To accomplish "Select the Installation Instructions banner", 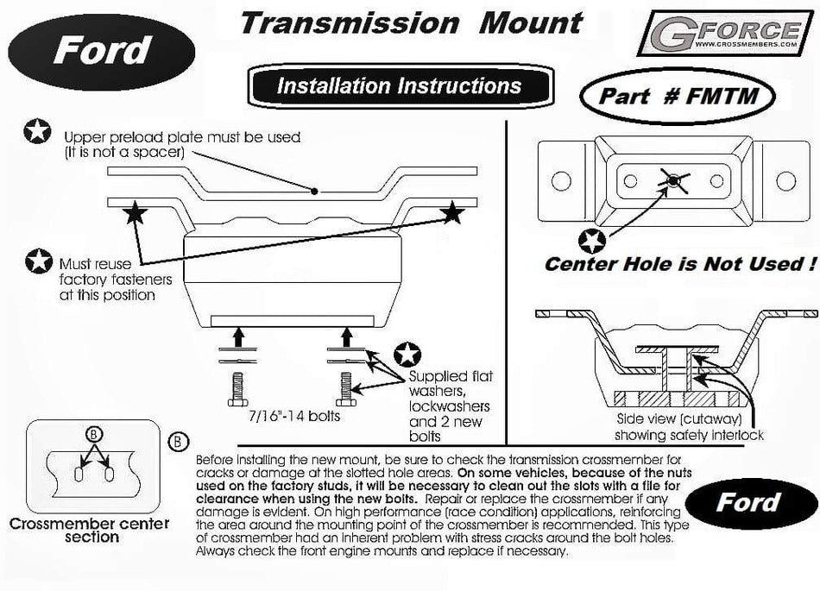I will pos(399,86).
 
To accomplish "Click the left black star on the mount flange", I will pos(133,212).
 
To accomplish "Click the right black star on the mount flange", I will pos(451,212).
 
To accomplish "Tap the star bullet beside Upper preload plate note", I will pos(37,132).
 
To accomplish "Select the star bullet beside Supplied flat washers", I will pos(405,354).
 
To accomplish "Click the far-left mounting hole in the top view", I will pos(562,181).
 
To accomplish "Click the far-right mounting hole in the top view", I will pos(785,181).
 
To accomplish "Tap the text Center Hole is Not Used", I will pos(678,264).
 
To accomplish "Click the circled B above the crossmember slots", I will pos(95,435).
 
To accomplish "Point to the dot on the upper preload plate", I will pos(317,190).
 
